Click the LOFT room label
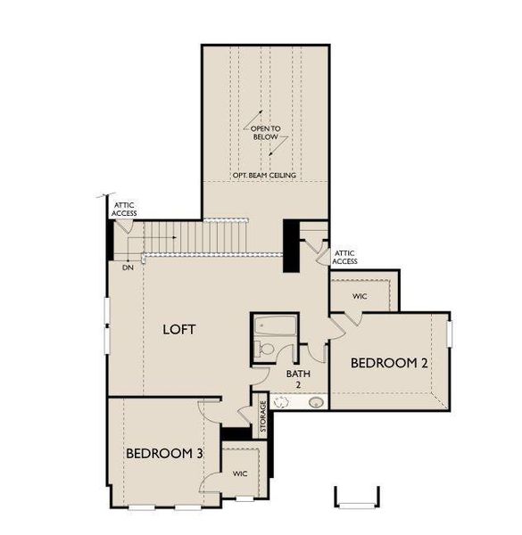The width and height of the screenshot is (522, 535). [179, 329]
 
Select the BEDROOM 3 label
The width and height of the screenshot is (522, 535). [164, 454]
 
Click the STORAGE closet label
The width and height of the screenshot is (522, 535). [262, 417]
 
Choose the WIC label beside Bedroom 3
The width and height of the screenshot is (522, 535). [240, 473]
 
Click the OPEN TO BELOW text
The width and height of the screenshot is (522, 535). [265, 134]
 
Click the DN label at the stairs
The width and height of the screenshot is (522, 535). [127, 266]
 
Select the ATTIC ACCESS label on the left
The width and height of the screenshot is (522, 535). [124, 210]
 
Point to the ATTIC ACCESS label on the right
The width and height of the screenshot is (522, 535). [345, 257]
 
